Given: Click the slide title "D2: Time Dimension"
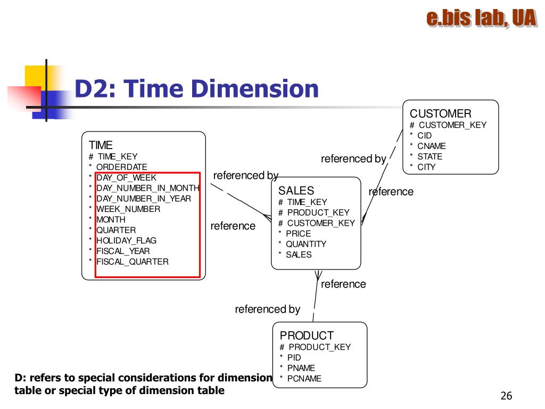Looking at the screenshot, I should [x=196, y=88].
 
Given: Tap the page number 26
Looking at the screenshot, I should [x=506, y=396].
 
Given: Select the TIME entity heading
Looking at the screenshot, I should [x=101, y=145].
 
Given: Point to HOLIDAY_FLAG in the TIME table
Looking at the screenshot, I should [x=126, y=241].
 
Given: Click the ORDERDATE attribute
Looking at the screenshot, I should [x=121, y=167].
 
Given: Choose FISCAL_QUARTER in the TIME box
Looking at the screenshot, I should [x=132, y=261].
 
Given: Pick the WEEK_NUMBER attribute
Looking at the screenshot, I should [x=128, y=209].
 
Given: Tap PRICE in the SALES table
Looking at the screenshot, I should [x=298, y=233].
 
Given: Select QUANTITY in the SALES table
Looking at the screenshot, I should [x=306, y=244].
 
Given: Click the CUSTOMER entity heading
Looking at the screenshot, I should [x=440, y=113].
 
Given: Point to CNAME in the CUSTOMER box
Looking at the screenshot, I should [x=431, y=146].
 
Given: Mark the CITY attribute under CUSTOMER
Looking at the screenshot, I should [x=426, y=167].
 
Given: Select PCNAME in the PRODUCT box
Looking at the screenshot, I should [x=304, y=379].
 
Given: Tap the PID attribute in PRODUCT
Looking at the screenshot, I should [x=294, y=357].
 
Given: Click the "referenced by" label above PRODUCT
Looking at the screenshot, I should [x=267, y=309].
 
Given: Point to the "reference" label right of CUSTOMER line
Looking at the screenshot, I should [x=391, y=192].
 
